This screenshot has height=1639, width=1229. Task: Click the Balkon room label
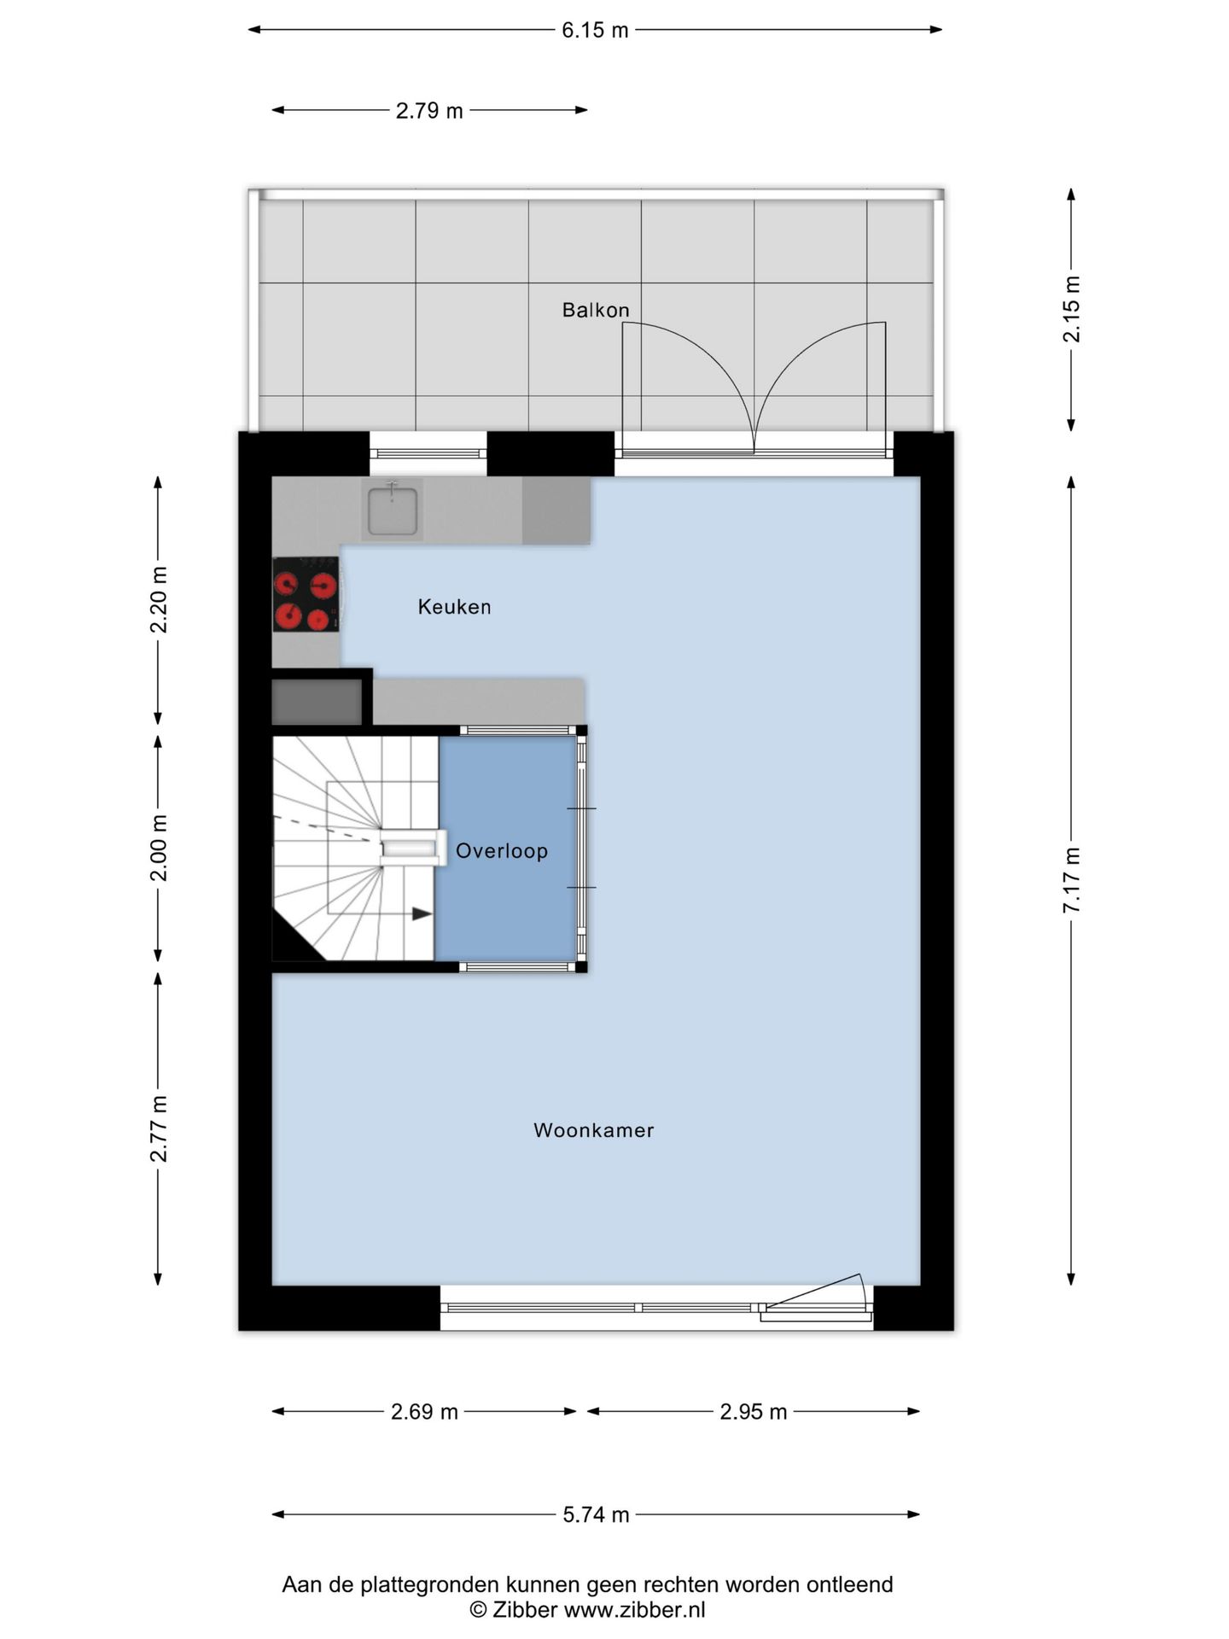596,310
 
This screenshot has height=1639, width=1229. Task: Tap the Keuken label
454,607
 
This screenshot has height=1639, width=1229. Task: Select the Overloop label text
502,851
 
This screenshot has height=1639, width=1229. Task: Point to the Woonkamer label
594,1130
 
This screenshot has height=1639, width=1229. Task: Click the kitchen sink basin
393,510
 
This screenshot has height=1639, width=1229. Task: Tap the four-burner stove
306,594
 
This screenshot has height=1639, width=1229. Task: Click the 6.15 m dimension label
595,31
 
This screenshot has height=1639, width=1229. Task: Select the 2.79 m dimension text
429,111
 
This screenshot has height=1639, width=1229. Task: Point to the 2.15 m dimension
1071,309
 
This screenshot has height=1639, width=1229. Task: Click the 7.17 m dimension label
1071,880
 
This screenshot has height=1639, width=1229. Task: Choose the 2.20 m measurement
159,599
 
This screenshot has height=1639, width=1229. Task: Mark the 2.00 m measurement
159,848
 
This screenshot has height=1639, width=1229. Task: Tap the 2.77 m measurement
159,1128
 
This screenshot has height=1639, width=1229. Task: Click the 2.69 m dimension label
424,1412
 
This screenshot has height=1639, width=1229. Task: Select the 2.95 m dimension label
753,1412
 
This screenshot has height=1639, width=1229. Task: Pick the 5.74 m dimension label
596,1515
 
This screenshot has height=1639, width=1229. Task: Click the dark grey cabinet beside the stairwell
317,702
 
